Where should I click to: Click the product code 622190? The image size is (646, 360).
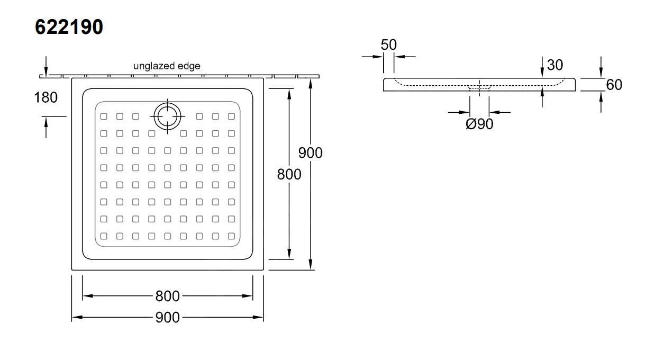click(69, 26)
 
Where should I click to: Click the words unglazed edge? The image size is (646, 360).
click(167, 66)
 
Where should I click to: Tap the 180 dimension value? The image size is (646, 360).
click(46, 97)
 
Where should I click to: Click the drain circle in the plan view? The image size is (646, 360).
click(168, 115)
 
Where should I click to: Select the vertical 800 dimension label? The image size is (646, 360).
click(289, 174)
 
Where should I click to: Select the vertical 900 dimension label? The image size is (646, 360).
click(310, 152)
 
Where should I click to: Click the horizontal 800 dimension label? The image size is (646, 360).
click(167, 295)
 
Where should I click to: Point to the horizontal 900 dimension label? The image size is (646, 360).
click(167, 317)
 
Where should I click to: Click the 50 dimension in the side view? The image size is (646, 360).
click(389, 45)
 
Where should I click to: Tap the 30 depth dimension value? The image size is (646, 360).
click(555, 65)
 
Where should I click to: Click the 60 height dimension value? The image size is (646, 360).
click(614, 85)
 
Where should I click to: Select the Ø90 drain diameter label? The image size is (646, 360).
click(479, 124)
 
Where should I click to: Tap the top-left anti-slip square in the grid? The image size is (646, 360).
click(104, 116)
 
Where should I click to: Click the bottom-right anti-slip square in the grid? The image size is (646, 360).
click(232, 236)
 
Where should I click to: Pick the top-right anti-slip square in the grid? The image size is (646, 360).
click(232, 116)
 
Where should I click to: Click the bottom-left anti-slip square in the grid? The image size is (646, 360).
click(104, 236)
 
